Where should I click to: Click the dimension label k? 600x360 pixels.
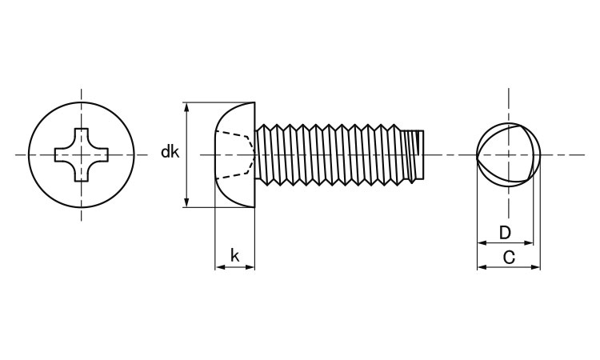[x=234, y=255]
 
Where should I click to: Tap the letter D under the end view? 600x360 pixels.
[x=505, y=233]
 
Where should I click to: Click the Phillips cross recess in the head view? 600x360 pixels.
[x=81, y=154]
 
